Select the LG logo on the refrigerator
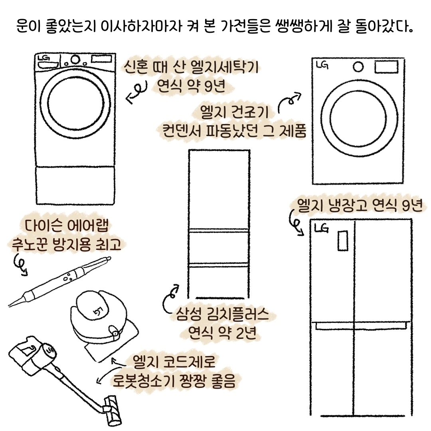[x=321, y=228]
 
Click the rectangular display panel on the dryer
[x=386, y=67]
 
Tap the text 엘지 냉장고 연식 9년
[x=359, y=207]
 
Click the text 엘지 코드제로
[x=176, y=363]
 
